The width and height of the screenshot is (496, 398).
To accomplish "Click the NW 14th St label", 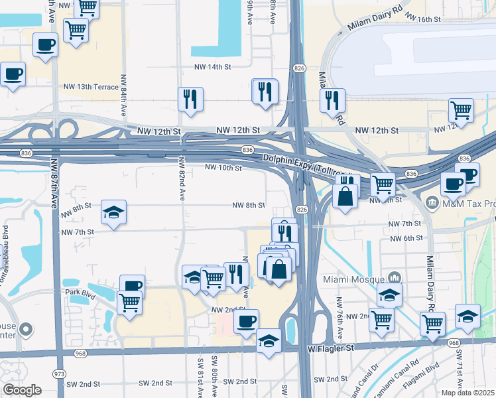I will pos(212,67).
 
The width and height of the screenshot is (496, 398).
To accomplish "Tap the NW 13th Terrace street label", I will pos(90,87).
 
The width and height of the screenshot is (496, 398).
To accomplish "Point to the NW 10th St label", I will pos(223,168).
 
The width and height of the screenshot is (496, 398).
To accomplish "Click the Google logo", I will pos(23,389).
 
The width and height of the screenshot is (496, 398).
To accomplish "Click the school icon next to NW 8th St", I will pos(113,213).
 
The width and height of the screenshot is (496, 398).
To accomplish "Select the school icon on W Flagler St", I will pos(269,341).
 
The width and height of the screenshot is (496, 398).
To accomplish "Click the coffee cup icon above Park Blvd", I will pos(132,287).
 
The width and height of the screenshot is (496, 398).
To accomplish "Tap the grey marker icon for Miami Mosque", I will pos(394,277).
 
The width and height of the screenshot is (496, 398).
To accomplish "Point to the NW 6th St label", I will pos(406,238).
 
